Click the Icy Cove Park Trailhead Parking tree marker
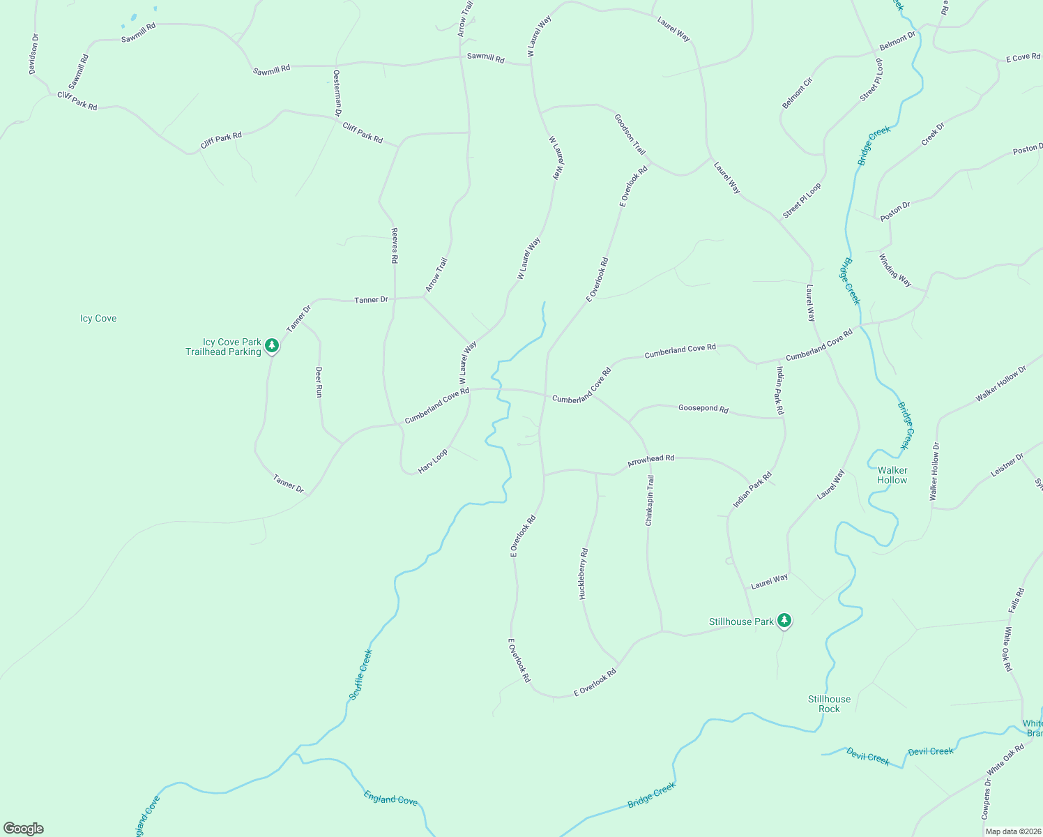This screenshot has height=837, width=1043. click(272, 345)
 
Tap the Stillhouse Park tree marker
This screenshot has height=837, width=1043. click(784, 620)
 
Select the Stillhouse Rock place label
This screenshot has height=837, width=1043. click(829, 704)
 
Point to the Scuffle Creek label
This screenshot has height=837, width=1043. click(361, 674)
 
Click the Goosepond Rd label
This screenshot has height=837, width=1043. click(703, 408)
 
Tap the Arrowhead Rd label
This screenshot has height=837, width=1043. click(650, 460)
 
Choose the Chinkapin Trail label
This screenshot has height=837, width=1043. click(650, 500)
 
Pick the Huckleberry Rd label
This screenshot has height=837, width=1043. click(584, 573)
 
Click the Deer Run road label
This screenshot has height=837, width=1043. click(319, 382)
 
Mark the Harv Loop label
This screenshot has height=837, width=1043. click(433, 462)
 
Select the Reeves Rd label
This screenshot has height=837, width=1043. click(394, 246)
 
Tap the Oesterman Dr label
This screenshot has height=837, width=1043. click(337, 92)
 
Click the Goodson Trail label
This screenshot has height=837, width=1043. click(630, 134)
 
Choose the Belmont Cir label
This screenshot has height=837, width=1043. click(798, 93)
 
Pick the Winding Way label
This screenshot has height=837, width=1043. click(894, 270)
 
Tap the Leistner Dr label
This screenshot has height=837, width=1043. click(1007, 465)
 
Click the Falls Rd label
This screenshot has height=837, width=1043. click(1016, 601)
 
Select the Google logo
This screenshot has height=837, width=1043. click(23, 829)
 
